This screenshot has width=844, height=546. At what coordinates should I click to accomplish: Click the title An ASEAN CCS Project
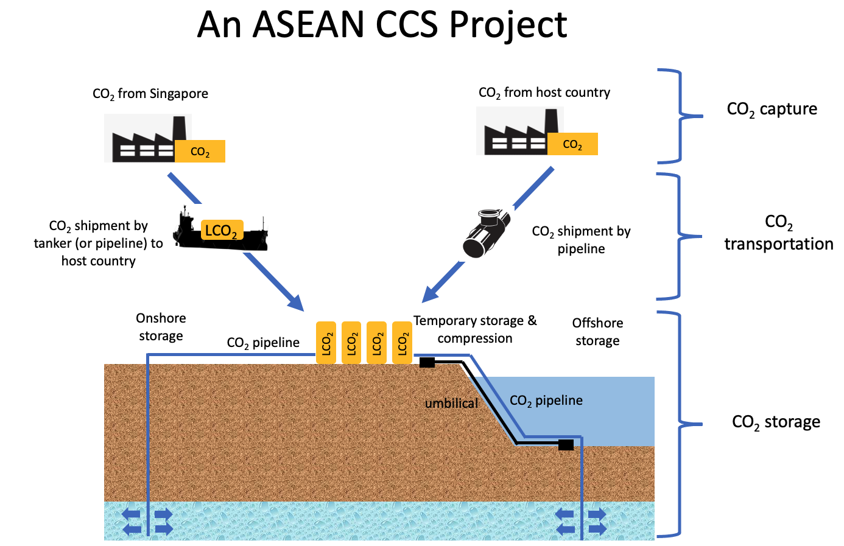(x=382, y=25)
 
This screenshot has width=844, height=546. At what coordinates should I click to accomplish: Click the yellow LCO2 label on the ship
(x=222, y=230)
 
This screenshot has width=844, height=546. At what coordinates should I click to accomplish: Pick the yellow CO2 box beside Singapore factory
(x=200, y=152)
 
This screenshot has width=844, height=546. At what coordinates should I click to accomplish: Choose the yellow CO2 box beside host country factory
(x=572, y=144)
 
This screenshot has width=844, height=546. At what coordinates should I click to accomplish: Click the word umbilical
(x=451, y=403)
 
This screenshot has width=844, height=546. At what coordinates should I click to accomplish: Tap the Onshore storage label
(x=161, y=327)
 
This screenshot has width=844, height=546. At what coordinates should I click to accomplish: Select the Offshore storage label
(x=597, y=332)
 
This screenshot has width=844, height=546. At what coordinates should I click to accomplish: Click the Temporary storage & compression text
(x=475, y=329)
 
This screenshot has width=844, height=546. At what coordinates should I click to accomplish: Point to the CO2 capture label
(x=772, y=110)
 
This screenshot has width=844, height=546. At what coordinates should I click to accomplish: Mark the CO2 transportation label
(x=778, y=233)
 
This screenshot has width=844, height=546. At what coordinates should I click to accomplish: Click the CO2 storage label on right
(x=776, y=422)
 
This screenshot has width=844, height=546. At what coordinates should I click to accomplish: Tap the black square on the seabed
(x=566, y=445)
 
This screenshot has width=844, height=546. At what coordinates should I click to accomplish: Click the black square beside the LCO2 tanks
(x=427, y=363)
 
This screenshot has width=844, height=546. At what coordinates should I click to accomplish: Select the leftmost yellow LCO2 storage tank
(x=326, y=343)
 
